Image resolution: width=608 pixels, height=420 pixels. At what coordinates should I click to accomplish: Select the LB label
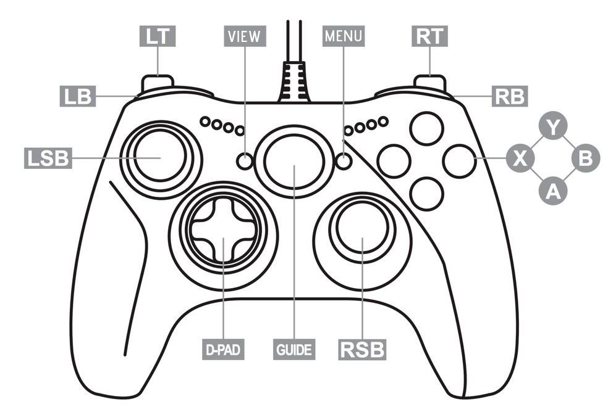(76, 96)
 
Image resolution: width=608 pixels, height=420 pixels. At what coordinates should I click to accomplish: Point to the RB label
(509, 96)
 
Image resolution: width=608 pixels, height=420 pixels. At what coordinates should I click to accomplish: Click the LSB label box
(47, 159)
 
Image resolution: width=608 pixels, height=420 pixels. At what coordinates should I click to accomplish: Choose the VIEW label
(245, 36)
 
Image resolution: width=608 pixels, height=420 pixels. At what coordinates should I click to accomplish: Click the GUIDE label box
(293, 350)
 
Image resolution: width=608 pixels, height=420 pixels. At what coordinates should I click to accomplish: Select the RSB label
(363, 350)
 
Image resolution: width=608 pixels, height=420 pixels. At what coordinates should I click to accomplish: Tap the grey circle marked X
(521, 160)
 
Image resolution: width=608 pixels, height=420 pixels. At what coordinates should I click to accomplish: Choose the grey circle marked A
(554, 191)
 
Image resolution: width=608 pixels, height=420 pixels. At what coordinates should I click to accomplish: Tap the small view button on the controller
(245, 161)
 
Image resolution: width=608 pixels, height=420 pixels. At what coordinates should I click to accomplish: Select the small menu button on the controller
(344, 161)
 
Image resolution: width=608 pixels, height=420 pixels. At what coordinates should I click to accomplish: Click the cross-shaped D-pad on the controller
(222, 232)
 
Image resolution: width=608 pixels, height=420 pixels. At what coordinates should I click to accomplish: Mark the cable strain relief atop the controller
(293, 83)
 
